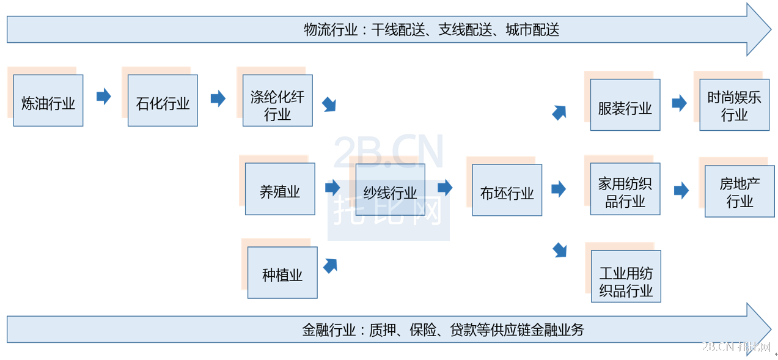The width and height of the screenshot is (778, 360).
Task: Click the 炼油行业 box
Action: tap(48, 101)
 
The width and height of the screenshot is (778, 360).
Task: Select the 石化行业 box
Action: tap(163, 101)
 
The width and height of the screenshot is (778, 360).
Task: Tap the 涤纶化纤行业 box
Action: tap(277, 101)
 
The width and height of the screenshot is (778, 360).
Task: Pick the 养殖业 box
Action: tap(280, 189)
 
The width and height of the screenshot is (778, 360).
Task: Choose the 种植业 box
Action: tap(282, 273)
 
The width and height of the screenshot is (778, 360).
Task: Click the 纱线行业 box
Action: tap(390, 190)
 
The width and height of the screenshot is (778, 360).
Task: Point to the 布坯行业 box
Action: tap(507, 190)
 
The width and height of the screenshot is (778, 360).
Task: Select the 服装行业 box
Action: tap(625, 105)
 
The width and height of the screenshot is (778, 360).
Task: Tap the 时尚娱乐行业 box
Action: tap(734, 105)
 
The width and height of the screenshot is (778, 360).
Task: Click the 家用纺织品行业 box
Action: tap(625, 189)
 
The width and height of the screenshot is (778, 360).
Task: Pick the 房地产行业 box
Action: tap(739, 191)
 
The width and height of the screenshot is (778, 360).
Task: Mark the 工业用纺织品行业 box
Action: tap(626, 276)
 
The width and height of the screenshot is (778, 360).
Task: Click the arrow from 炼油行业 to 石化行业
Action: tap(104, 97)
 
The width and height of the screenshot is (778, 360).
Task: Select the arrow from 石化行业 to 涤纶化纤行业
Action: tap(218, 98)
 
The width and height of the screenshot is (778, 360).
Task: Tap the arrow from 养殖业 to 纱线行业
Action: tap(332, 188)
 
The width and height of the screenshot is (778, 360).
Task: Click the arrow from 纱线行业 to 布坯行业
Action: tap(445, 188)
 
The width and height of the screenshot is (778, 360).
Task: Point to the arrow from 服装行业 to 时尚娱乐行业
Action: tap(679, 103)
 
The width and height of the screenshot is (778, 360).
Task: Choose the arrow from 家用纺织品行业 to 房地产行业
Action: tap(681, 191)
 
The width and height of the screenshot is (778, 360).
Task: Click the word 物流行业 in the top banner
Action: tap(331, 30)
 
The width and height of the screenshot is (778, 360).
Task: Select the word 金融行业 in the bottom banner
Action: tap(329, 331)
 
